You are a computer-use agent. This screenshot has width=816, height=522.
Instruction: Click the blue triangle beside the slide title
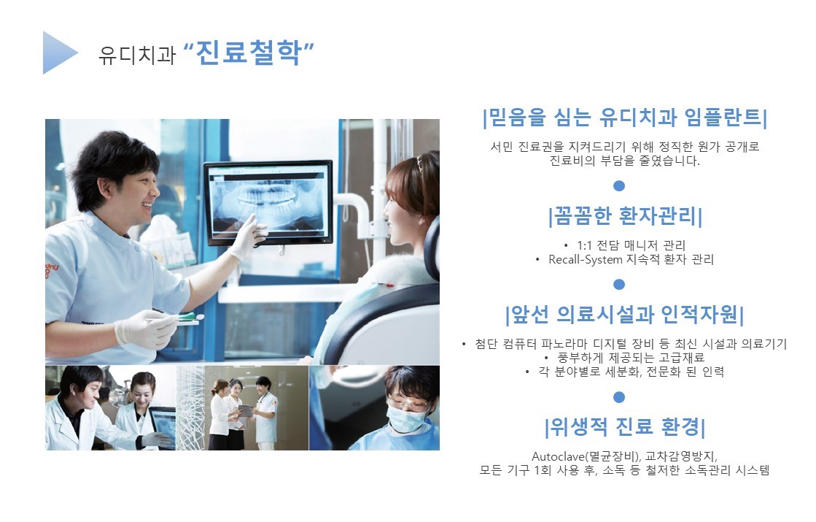58,53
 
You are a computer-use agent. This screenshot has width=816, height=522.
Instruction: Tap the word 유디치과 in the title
137,55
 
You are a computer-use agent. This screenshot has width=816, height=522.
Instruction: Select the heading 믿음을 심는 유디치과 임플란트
625,118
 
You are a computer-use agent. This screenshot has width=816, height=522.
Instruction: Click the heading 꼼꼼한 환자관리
625,215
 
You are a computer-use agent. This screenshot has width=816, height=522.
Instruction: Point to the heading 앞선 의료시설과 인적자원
624,314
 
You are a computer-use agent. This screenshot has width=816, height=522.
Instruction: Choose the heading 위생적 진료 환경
624,427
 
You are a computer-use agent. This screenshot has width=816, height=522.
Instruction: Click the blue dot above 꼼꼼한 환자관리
619,186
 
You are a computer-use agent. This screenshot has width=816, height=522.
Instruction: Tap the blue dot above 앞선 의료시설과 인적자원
619,285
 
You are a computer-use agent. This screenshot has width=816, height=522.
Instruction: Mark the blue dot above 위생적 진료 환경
619,397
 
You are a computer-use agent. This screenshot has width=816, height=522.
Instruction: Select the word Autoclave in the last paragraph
558,456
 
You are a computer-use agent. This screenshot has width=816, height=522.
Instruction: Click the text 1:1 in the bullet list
584,245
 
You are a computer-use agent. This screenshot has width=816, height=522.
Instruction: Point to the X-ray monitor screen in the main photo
268,203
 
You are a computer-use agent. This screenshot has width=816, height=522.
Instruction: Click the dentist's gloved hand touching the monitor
247,238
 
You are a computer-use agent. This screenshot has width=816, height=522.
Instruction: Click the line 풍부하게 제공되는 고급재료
631,358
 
